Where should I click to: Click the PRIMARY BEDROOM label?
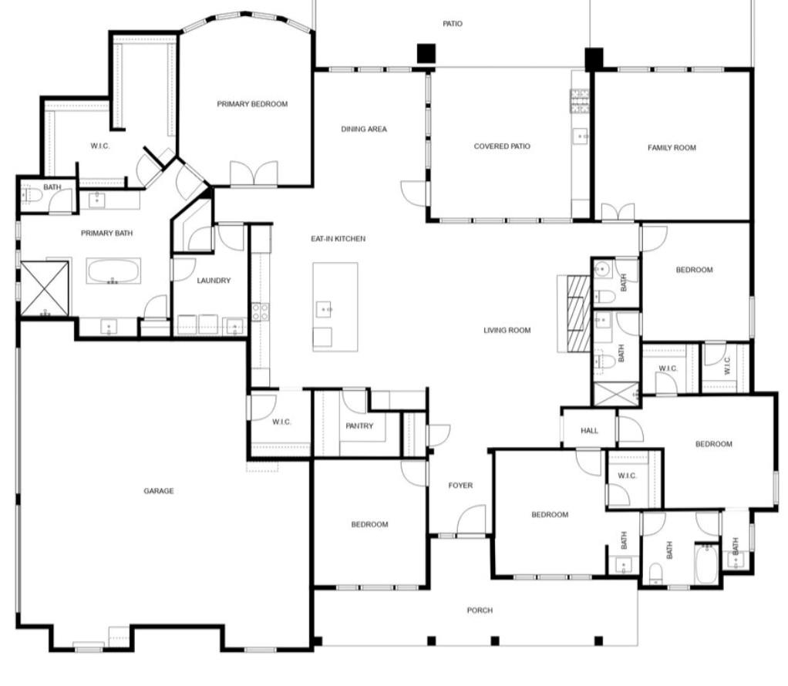tap(252, 104)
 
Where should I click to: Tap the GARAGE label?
tap(158, 491)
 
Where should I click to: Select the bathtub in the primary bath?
tap(113, 271)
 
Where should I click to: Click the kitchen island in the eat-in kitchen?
tap(335, 307)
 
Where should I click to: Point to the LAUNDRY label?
tap(214, 281)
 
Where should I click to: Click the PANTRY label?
tap(359, 426)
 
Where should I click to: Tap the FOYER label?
tap(460, 486)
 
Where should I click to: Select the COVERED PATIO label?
tap(502, 146)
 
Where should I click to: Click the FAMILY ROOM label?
tap(672, 148)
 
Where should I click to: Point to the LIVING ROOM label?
tap(507, 331)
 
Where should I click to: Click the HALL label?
tap(589, 432)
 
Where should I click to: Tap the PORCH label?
tap(480, 610)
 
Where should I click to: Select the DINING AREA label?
tap(364, 129)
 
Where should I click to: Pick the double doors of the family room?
tap(618, 212)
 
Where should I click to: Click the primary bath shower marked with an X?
tap(44, 288)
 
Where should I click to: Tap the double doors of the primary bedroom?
tap(254, 174)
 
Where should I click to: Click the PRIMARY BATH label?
tap(107, 233)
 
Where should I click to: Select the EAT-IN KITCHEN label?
tap(338, 239)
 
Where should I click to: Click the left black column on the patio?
tap(426, 53)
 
